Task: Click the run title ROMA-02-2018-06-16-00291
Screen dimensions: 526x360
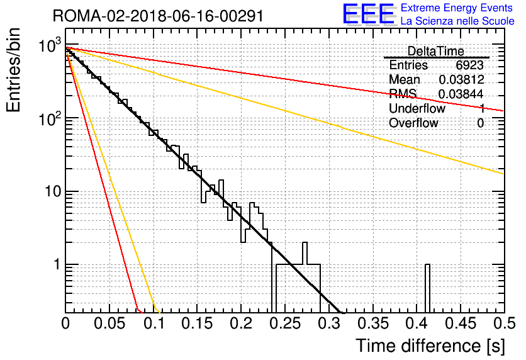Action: (158, 16)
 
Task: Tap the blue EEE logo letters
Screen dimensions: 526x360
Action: (368, 14)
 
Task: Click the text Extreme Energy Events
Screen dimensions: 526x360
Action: (457, 8)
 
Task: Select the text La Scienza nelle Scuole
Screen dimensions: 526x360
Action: (457, 21)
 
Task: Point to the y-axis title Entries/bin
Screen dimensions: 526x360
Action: (13, 70)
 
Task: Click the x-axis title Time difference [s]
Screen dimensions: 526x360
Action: (430, 346)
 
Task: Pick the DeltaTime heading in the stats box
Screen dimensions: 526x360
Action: (435, 51)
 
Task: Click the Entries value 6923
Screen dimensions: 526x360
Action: (469, 65)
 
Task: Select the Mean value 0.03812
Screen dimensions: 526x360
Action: (461, 79)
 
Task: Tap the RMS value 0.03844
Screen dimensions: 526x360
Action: (461, 94)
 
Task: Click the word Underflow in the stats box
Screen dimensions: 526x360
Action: (417, 108)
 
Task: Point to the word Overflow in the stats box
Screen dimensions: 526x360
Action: (413, 123)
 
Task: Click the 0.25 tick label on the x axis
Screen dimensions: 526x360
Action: (286, 323)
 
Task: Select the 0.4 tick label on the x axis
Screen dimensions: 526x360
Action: (417, 323)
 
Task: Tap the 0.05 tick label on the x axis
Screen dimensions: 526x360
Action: (109, 323)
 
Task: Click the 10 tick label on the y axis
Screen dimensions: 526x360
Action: (53, 191)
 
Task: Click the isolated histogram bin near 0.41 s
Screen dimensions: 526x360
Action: (427, 288)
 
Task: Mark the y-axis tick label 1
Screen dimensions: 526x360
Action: (57, 265)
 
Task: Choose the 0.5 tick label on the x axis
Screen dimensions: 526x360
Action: (503, 323)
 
